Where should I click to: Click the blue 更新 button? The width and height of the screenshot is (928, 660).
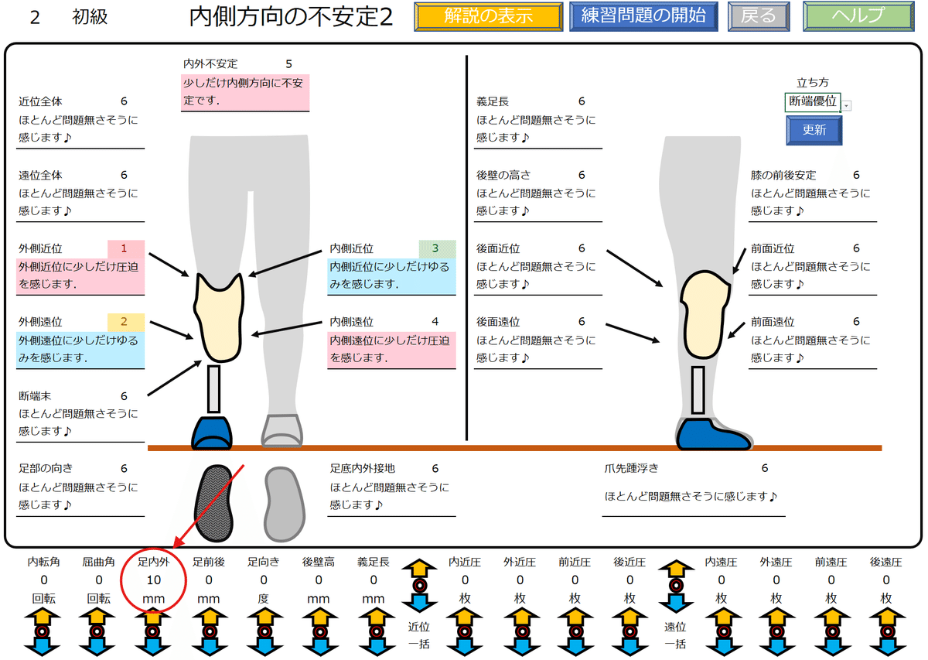tap(814, 130)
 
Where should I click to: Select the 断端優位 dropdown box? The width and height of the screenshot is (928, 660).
tap(813, 102)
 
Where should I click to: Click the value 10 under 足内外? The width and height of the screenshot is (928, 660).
tap(153, 580)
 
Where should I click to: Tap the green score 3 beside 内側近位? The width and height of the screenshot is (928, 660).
tap(435, 248)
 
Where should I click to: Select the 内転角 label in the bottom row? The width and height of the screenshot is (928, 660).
tap(44, 563)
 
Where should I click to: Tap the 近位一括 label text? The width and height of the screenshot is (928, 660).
tap(418, 636)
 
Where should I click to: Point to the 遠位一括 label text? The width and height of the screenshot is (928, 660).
tap(674, 636)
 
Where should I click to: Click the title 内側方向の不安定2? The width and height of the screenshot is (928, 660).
tap(291, 18)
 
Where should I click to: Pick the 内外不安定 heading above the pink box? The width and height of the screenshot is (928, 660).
tap(210, 64)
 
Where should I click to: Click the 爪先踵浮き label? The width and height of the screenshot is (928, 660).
tap(631, 468)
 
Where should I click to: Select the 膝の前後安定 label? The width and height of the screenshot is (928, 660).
tap(783, 176)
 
